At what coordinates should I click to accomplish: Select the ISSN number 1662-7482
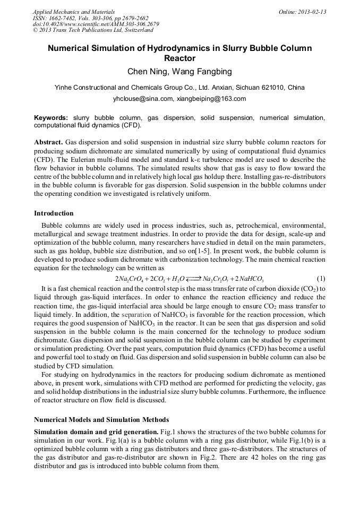63,18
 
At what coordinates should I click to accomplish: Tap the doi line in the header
96,24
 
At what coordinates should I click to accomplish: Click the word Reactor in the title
179,58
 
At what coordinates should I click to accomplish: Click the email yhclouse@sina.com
143,99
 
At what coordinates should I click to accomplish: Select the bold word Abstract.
49,143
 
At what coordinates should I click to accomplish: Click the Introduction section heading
54,213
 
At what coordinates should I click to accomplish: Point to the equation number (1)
321,279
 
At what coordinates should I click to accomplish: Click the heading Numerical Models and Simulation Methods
101,420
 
